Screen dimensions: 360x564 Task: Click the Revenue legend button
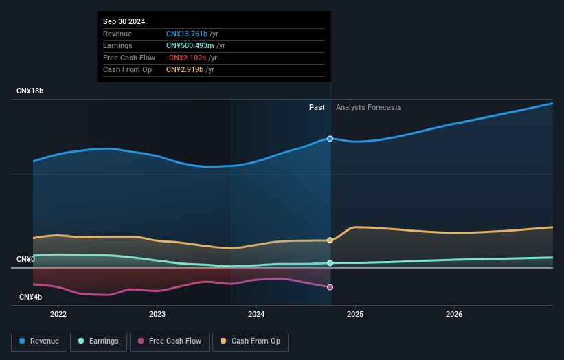[x=39, y=341]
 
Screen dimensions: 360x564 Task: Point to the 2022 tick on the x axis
[x=58, y=315]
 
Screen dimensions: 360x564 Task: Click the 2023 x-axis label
[x=157, y=315]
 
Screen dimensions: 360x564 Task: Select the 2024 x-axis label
[x=256, y=315]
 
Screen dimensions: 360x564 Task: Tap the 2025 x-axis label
[x=355, y=315]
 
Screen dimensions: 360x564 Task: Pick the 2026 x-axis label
[x=454, y=315]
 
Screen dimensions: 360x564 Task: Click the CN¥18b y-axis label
[x=30, y=91]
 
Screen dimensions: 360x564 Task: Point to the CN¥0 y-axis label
[x=25, y=259]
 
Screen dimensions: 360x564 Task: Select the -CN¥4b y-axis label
[x=29, y=297]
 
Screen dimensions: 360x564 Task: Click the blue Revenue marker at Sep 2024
[x=330, y=139]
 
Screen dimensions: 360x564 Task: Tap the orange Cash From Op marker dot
[x=330, y=240]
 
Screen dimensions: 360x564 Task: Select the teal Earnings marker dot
[x=330, y=263]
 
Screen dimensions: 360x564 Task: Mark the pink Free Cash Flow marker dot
[x=330, y=287]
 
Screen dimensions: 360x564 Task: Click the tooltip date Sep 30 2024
[x=124, y=22]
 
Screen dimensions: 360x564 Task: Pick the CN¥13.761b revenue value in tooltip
[x=186, y=34]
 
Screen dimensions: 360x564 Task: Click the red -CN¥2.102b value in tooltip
[x=188, y=58]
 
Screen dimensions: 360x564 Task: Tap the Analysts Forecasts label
[x=368, y=107]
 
